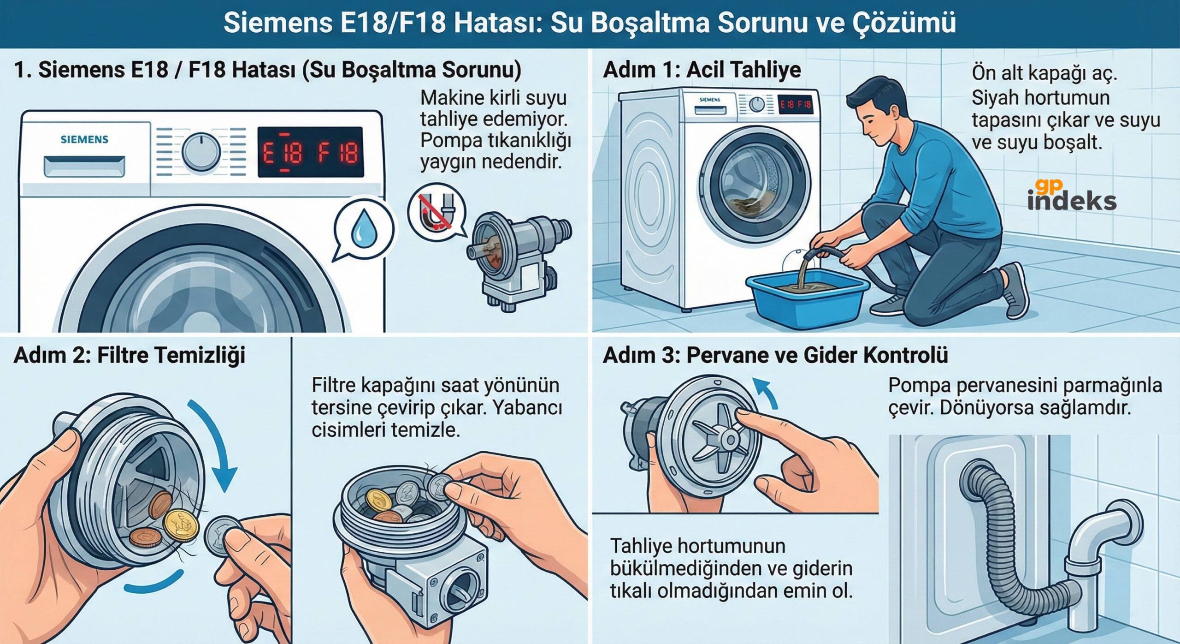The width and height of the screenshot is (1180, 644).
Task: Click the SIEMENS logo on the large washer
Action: pos(84,139)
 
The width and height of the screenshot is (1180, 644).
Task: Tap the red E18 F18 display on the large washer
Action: pos(310,152)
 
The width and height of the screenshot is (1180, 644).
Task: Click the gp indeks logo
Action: pos(1071,196)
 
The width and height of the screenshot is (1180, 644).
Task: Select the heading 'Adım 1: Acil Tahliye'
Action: pos(702,70)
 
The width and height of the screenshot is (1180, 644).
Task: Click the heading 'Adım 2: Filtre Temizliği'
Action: pos(130,355)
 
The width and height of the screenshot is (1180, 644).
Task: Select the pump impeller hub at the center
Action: pos(730,439)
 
